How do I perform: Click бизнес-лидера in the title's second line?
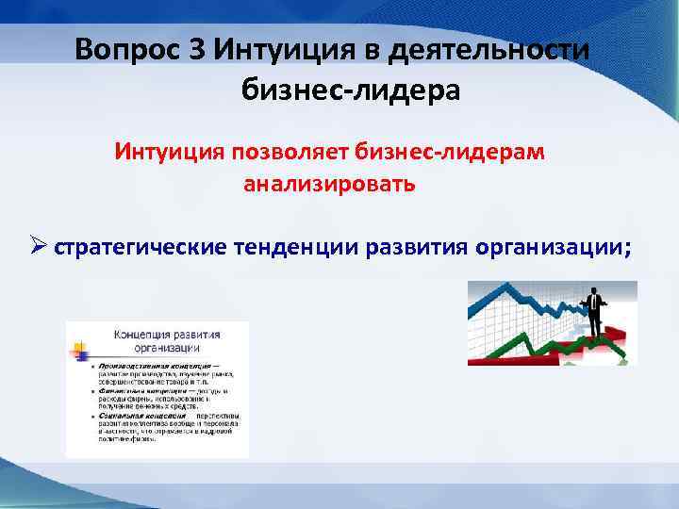point(351,90)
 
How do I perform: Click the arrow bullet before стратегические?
point(36,247)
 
